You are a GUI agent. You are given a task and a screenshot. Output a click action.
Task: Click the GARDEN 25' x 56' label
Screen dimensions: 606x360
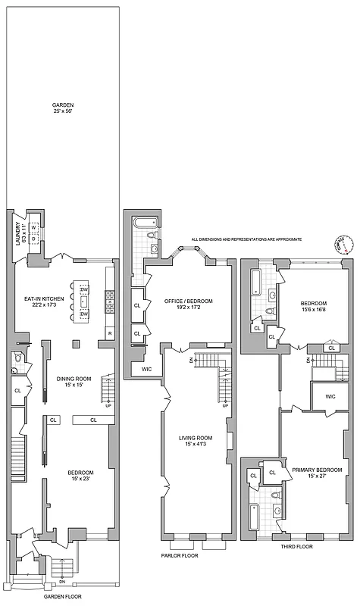point(62,109)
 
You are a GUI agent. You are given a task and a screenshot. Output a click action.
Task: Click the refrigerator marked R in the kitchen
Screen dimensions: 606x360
point(110,333)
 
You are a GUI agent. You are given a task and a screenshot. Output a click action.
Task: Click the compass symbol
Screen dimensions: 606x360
point(340,244)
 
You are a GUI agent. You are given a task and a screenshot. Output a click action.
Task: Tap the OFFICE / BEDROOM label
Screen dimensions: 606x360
point(189,304)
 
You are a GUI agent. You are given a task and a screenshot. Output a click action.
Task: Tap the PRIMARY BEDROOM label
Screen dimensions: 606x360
point(314,472)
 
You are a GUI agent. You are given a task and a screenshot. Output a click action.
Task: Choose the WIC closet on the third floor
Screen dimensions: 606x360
point(330,396)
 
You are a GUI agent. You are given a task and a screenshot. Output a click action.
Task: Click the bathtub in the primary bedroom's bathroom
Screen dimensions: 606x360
point(255,518)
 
